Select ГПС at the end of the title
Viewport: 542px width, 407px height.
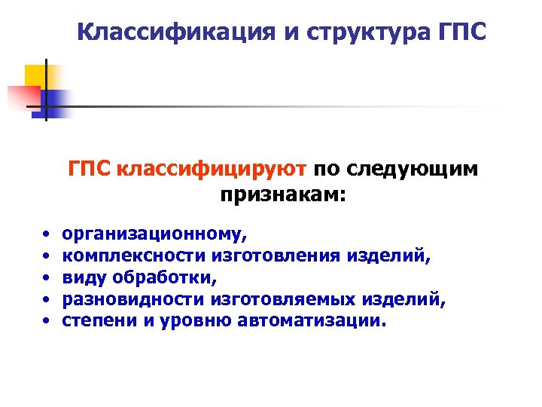(459, 32)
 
